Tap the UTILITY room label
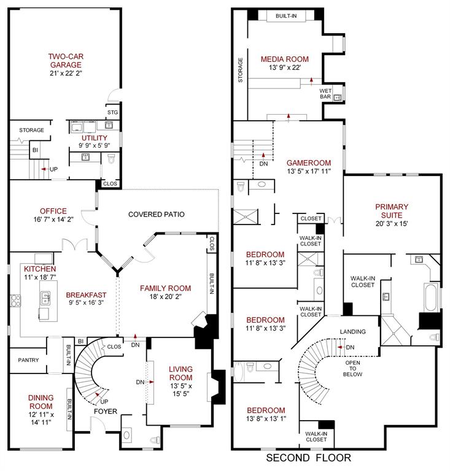[x=95, y=138]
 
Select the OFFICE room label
[x=53, y=211]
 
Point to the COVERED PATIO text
[x=156, y=214]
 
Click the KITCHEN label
[x=40, y=269]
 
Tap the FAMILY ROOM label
[x=165, y=288]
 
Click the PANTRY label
[x=29, y=360]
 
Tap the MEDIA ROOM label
[x=284, y=59]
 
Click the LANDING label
[x=352, y=332]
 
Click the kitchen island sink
[x=45, y=299]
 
